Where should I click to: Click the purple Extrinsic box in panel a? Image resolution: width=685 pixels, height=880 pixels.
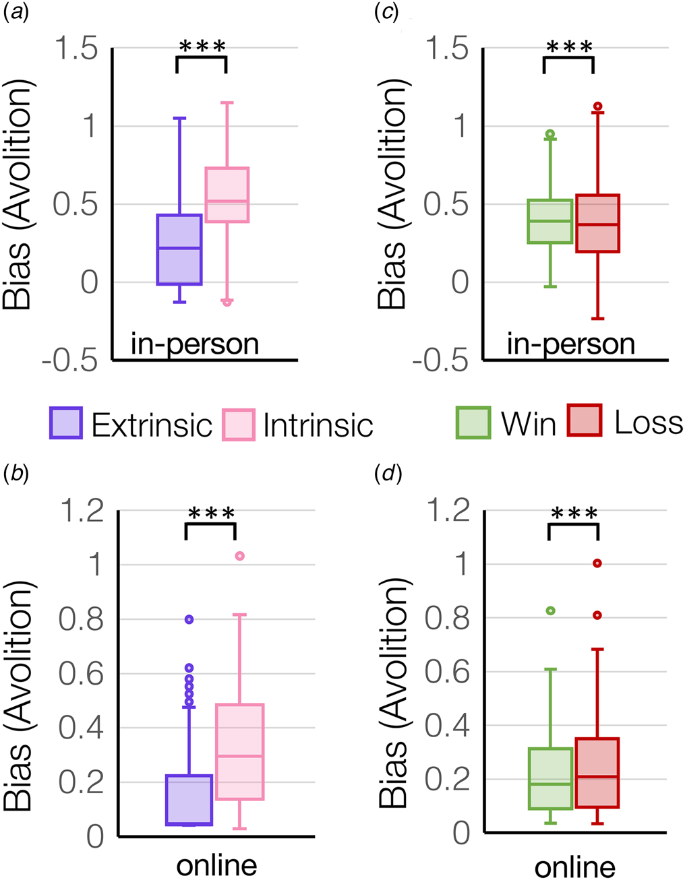coord(179,249)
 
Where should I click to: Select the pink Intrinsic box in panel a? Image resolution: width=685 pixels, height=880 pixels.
coord(227,194)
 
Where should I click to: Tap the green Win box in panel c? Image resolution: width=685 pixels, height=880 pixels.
coord(550,221)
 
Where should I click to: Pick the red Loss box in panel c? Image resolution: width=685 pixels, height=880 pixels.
coord(598,224)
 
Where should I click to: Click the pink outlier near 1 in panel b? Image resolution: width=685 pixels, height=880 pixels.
coord(240,556)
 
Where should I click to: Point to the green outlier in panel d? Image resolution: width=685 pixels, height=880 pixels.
coord(551,610)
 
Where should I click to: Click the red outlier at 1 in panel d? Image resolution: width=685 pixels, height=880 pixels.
coord(597,563)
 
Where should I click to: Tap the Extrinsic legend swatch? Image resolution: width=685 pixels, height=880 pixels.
coord(66,422)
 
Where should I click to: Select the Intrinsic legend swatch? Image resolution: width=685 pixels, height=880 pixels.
coord(239,425)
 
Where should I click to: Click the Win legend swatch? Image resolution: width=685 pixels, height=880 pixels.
coord(473,422)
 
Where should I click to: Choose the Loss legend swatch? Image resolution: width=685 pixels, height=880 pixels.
coord(585,420)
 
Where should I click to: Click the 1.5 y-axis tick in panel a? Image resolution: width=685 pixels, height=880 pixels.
coord(77,49)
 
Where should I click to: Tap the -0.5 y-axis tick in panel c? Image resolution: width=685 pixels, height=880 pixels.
coord(440,360)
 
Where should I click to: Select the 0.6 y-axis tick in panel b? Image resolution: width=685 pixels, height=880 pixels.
coord(81,673)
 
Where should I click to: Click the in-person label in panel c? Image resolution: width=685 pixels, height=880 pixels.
coord(571,345)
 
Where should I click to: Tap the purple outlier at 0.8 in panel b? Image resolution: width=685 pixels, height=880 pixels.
coord(189,619)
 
